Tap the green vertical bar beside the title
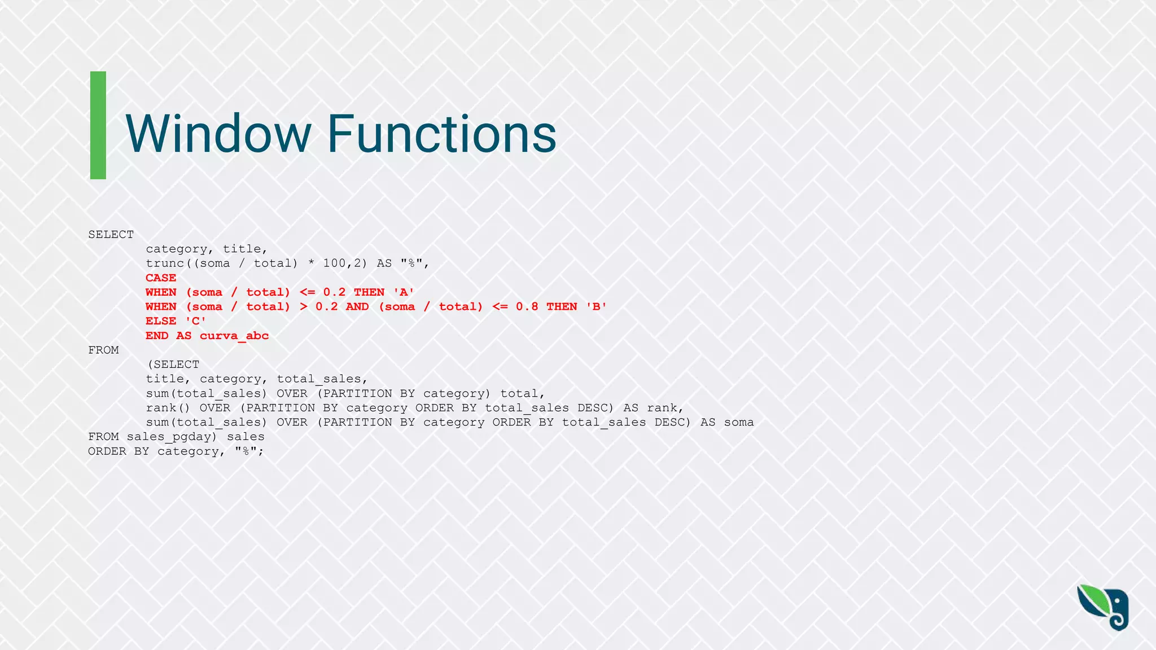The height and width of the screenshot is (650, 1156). tap(98, 125)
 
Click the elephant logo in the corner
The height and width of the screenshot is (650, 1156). tap(1103, 608)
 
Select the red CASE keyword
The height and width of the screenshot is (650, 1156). tap(161, 278)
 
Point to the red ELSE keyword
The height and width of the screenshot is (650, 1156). tap(161, 321)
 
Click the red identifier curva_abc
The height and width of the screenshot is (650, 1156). tap(234, 336)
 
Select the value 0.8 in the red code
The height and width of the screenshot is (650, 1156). tap(527, 306)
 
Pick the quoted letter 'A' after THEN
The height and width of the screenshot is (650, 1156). tap(404, 292)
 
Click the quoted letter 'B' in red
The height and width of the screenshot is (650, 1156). tap(596, 306)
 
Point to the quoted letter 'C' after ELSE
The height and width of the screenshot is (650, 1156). tap(195, 321)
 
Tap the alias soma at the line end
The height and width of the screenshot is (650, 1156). tap(739, 422)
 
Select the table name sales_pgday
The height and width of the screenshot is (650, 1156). tap(172, 437)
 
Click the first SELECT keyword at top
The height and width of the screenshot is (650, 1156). tap(111, 234)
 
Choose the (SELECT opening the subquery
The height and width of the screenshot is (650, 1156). tap(173, 364)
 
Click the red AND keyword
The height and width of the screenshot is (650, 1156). tap(357, 306)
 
